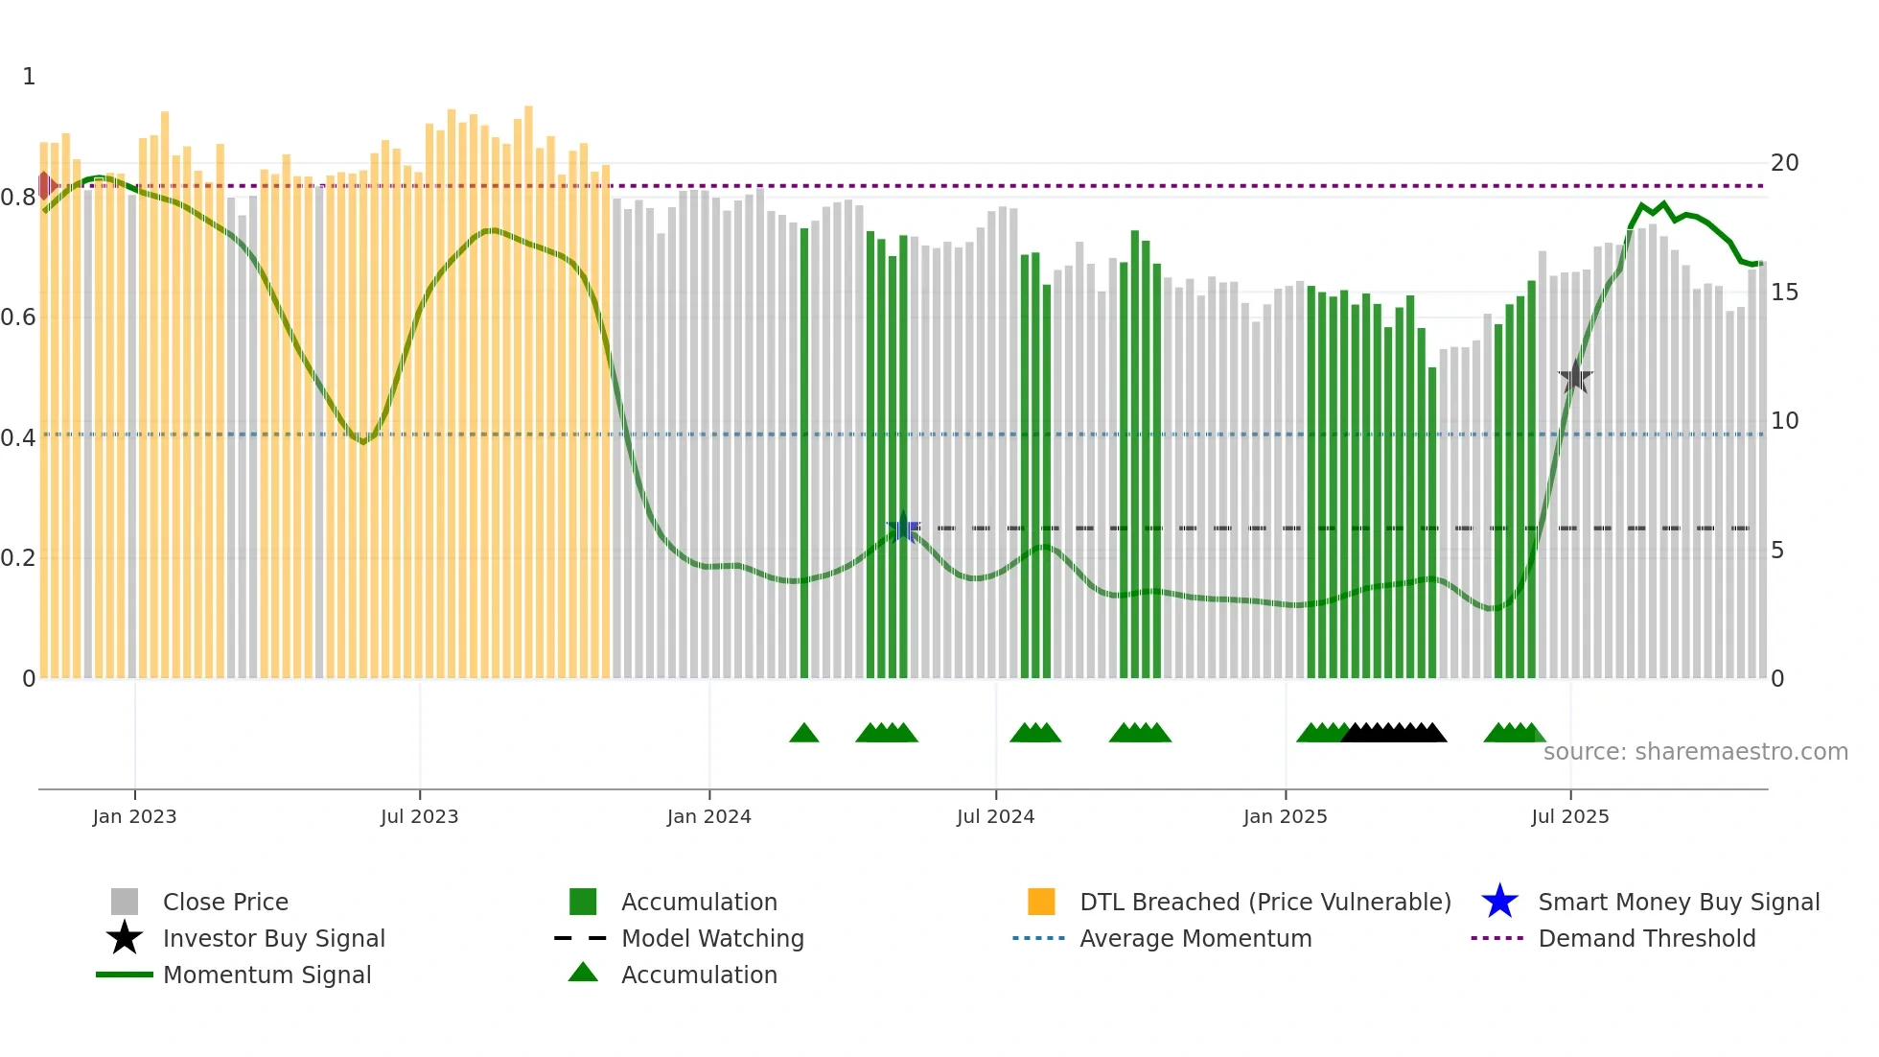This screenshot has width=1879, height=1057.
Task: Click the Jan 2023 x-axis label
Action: (x=134, y=816)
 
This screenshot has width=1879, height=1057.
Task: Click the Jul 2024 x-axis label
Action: (x=995, y=816)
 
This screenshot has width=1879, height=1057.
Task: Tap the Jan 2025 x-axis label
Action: (x=1285, y=816)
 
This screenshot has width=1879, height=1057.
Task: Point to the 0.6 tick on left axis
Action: (x=18, y=317)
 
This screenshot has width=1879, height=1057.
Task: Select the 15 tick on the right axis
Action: (x=1783, y=293)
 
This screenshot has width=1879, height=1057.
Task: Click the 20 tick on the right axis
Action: (x=1783, y=163)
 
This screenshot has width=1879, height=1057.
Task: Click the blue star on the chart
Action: (x=903, y=528)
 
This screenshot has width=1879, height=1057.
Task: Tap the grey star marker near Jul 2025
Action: (x=1575, y=377)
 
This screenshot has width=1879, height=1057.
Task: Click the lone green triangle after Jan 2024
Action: (x=803, y=734)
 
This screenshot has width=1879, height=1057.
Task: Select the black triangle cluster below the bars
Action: (x=1394, y=734)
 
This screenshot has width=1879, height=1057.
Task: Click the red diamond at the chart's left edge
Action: (x=44, y=185)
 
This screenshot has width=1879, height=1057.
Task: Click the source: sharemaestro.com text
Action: (x=1695, y=752)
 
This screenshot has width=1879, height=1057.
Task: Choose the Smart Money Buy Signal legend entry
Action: (x=1678, y=903)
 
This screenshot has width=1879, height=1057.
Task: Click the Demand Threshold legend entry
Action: (x=1646, y=939)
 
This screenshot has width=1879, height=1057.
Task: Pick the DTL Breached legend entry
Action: (x=1264, y=903)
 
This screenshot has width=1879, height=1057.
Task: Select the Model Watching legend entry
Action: (x=711, y=939)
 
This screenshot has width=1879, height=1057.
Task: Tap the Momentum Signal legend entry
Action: (x=267, y=975)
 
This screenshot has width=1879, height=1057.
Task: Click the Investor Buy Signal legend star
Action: (x=125, y=939)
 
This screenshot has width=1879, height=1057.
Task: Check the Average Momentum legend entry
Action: (x=1195, y=939)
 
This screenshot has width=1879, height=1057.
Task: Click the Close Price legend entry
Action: (x=225, y=903)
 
